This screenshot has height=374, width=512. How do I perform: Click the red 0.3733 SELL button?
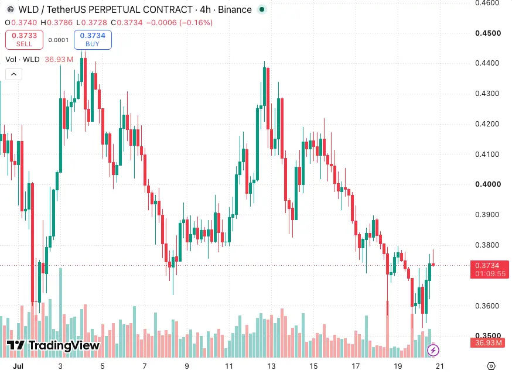(x=24, y=40)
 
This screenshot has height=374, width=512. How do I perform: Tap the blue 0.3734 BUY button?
(x=93, y=40)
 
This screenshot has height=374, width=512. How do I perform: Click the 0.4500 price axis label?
(x=488, y=33)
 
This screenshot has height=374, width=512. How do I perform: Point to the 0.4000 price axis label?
(x=488, y=184)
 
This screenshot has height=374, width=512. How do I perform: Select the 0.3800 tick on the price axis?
(x=487, y=245)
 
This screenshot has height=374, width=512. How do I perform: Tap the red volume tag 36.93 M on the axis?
(x=487, y=342)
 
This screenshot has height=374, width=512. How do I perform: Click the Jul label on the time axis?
(x=18, y=366)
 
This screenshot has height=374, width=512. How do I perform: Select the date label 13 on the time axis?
(x=271, y=366)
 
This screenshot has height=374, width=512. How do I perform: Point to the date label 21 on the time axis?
(x=440, y=366)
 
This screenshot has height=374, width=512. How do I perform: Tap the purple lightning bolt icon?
(x=434, y=351)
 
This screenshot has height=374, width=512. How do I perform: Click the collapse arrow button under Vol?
(x=13, y=74)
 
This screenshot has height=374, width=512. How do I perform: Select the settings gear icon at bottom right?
(x=491, y=366)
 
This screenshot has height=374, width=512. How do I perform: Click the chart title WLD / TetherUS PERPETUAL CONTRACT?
(x=105, y=10)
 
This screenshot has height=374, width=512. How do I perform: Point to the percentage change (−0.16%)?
(x=196, y=22)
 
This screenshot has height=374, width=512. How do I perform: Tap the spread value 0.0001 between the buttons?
(x=59, y=40)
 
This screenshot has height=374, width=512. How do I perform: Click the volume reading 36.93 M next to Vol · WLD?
(x=59, y=59)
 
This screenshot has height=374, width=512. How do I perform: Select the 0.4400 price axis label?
(x=487, y=63)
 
